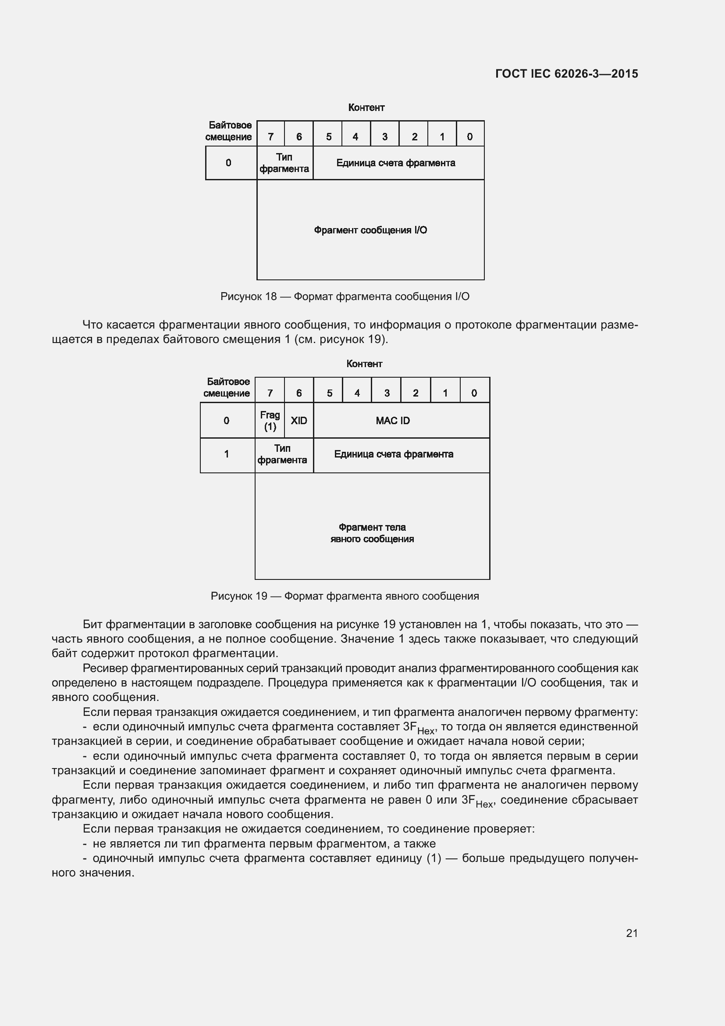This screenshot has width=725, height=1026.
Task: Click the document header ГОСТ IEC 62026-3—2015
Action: (566, 74)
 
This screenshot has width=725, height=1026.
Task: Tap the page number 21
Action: (632, 933)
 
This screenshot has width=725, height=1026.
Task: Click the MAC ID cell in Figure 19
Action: (392, 421)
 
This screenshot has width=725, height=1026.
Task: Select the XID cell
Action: (299, 421)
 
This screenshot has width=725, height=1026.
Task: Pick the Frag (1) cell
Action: (270, 421)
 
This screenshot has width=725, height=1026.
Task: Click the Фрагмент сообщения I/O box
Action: (370, 230)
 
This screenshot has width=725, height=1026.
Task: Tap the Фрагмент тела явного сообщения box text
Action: (372, 533)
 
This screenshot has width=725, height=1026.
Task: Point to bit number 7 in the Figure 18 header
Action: (270, 137)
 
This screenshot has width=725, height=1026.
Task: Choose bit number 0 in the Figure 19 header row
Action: (474, 393)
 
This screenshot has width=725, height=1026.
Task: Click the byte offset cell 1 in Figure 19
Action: (227, 454)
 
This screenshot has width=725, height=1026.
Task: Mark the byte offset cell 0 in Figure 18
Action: (228, 163)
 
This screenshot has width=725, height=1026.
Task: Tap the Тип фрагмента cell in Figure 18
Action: (284, 163)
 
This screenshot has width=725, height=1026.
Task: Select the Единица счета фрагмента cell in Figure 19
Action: (394, 454)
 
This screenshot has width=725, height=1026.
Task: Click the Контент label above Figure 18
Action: (366, 107)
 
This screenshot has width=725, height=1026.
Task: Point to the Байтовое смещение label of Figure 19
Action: (227, 387)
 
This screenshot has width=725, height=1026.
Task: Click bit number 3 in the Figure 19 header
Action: (387, 393)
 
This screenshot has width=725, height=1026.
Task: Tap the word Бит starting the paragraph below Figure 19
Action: (92, 624)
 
